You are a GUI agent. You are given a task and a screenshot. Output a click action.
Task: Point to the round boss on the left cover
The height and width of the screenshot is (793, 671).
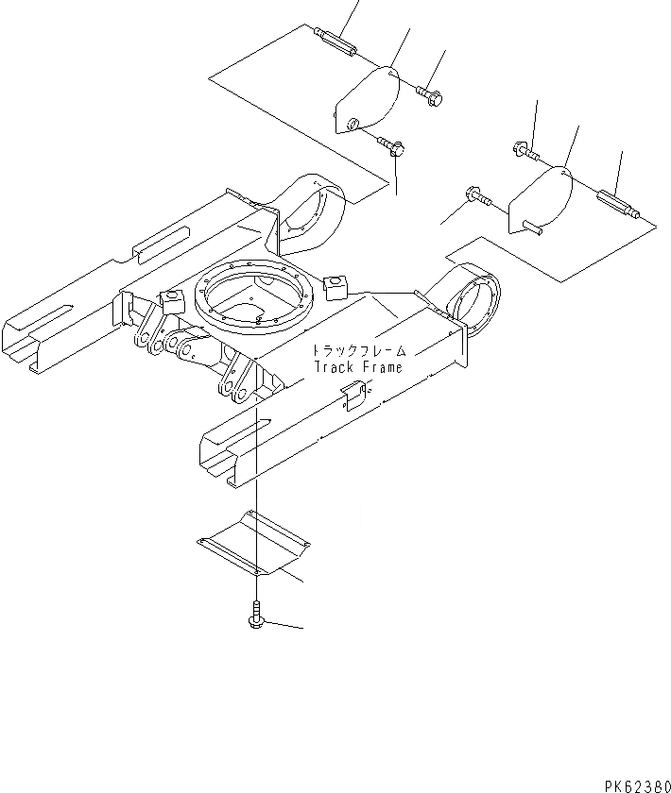352,124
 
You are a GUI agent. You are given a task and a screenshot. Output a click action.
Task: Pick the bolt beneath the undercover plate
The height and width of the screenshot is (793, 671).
256,616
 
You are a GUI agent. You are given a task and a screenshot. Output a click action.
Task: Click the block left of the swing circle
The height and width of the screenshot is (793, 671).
170,301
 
